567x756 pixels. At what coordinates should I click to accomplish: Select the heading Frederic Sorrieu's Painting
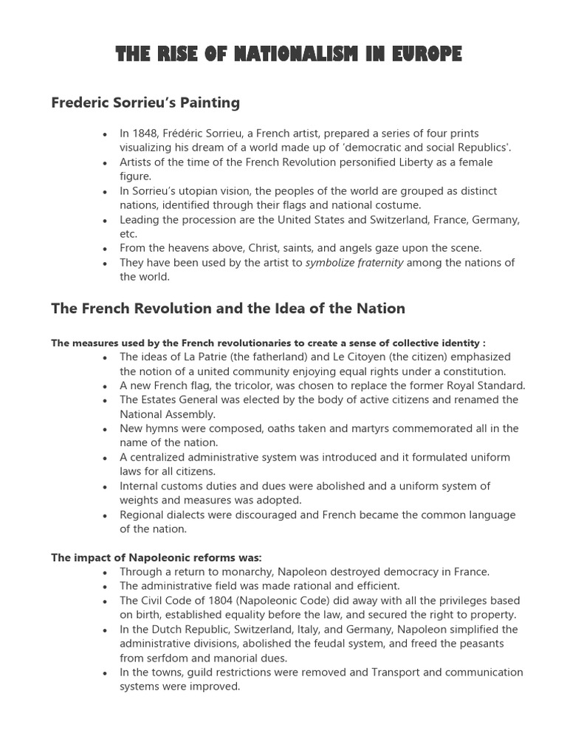click(x=145, y=103)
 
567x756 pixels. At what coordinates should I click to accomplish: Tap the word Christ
click(x=272, y=248)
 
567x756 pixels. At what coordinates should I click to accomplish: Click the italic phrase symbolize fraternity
click(x=354, y=263)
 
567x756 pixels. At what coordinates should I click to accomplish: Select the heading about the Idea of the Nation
click(x=228, y=309)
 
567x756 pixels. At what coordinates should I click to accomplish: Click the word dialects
click(x=187, y=515)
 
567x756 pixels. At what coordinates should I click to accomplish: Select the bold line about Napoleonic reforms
click(x=157, y=557)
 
